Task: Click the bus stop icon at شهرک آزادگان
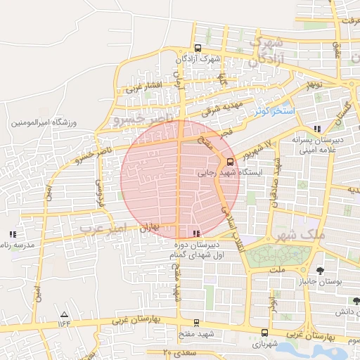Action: click(198, 49)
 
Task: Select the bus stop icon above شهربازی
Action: click(264, 333)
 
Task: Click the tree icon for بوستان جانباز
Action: click(321, 270)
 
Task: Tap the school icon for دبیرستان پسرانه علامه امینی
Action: click(319, 128)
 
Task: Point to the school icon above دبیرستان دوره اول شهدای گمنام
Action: click(195, 233)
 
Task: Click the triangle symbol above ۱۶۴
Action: click(65, 314)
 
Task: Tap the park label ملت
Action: click(277, 269)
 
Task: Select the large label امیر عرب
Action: click(103, 228)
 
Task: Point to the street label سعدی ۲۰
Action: click(177, 351)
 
